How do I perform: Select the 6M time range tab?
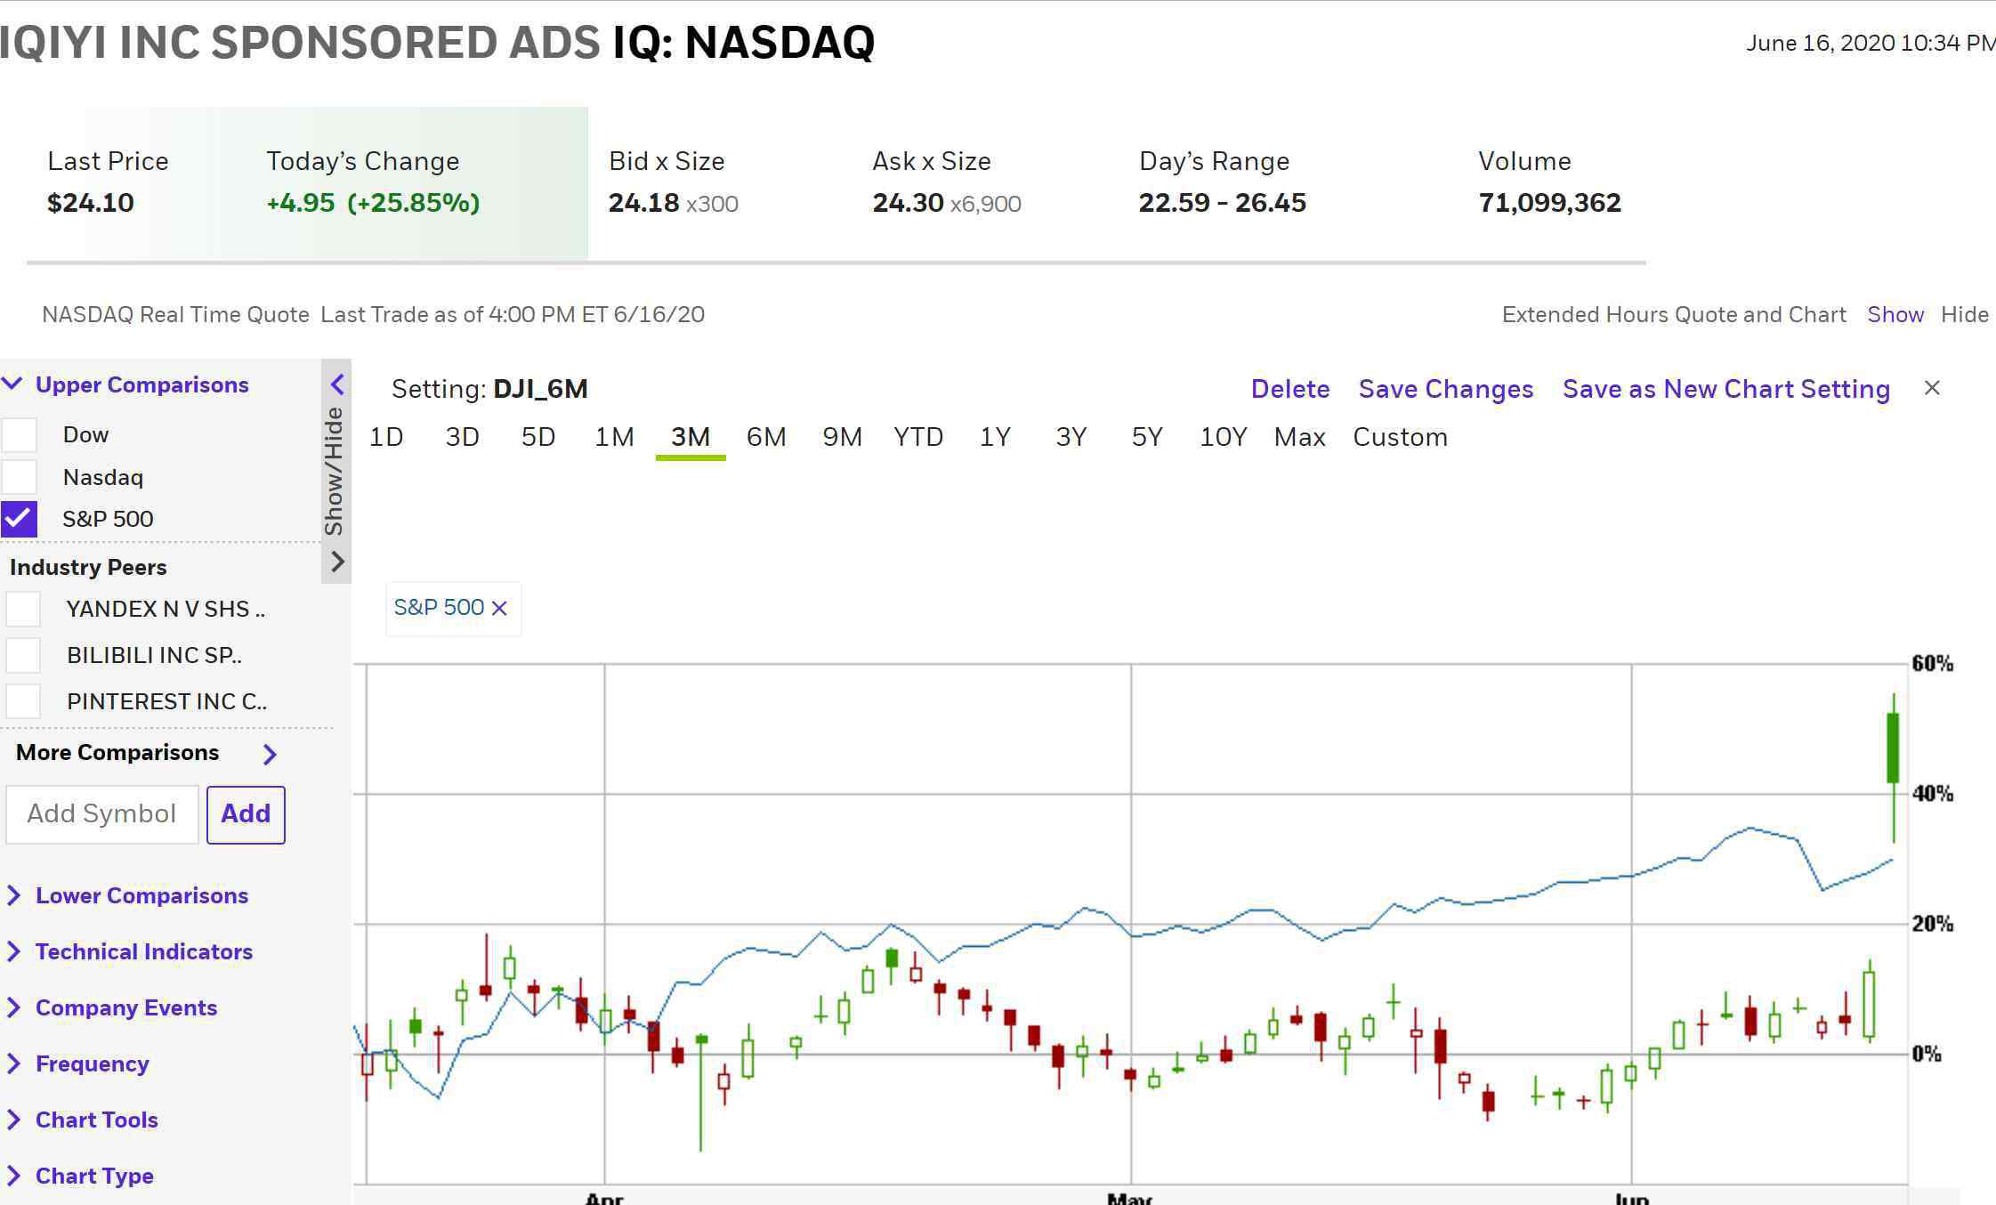(x=765, y=437)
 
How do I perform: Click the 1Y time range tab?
(x=995, y=437)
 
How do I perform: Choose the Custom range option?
(x=1400, y=437)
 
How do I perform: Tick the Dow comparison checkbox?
(x=19, y=434)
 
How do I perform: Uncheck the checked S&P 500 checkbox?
(x=19, y=519)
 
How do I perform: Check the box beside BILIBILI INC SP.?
(x=23, y=655)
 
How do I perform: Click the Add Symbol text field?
(x=102, y=813)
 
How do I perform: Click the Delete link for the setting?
(x=1290, y=389)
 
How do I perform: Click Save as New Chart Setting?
(x=1726, y=389)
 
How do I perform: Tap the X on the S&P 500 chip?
(x=499, y=608)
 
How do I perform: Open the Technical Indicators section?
(x=143, y=951)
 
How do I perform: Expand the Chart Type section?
(x=94, y=1176)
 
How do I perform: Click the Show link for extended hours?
(x=1895, y=314)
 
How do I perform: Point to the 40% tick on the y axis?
(x=1932, y=793)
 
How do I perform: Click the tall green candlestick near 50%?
(x=1893, y=748)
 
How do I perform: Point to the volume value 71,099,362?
(x=1549, y=203)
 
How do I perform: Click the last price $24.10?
(x=91, y=203)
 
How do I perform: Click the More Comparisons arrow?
(x=271, y=754)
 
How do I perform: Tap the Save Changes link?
(x=1446, y=389)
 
